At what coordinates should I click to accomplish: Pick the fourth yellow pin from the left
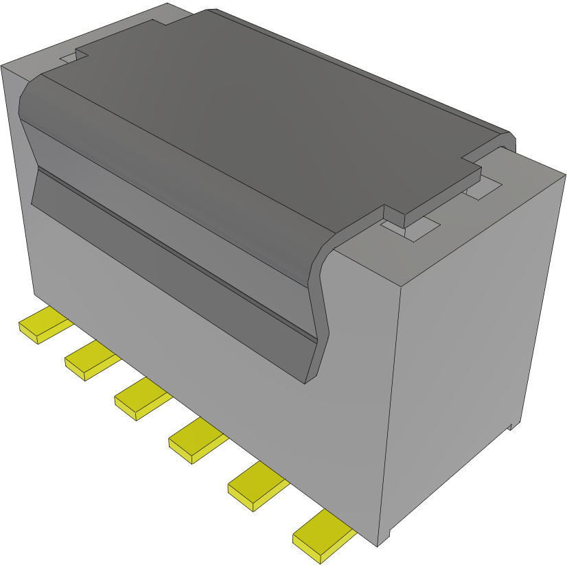click(x=196, y=441)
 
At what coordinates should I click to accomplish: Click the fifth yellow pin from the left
click(x=255, y=486)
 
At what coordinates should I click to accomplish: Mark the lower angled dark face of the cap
click(x=172, y=275)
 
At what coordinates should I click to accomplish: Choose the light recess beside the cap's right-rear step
click(x=484, y=189)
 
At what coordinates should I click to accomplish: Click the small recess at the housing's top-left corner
click(x=69, y=59)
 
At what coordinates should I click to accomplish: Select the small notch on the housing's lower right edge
click(x=511, y=427)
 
